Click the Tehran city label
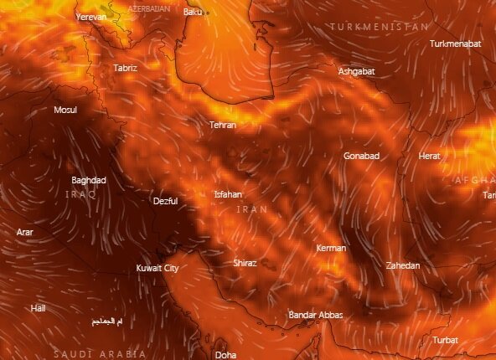223,125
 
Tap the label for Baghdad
89,180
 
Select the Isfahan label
228,194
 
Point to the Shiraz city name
245,262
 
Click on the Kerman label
331,249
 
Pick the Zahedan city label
402,265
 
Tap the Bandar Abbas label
315,315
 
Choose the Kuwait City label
158,268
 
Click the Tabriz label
125,67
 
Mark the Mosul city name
65,110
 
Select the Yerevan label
91,17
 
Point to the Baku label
194,12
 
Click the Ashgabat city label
356,71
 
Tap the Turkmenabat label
457,44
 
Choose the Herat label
429,156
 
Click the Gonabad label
362,156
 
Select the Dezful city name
166,201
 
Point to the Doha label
225,355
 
